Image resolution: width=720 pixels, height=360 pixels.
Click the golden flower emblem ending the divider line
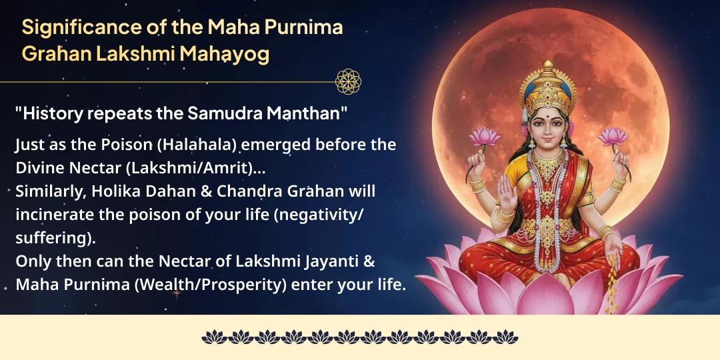point(348,81)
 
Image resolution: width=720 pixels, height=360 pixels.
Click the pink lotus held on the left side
point(485,137)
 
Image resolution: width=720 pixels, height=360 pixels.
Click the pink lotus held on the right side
point(612,137)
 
